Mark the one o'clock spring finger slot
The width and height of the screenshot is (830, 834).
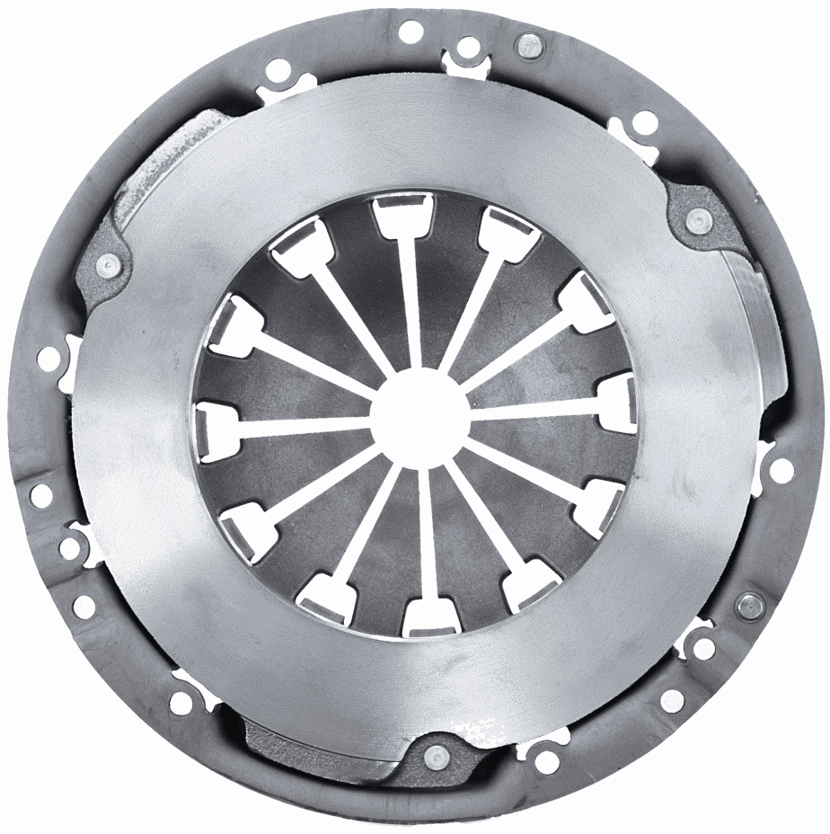(x=508, y=230)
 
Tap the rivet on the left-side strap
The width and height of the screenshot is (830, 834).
(x=109, y=264)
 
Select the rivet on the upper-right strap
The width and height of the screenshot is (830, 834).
(x=697, y=218)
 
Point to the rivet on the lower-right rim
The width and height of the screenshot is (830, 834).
(x=746, y=605)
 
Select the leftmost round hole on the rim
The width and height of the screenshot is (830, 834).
(x=40, y=493)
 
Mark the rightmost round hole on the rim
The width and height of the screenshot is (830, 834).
(x=781, y=468)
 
